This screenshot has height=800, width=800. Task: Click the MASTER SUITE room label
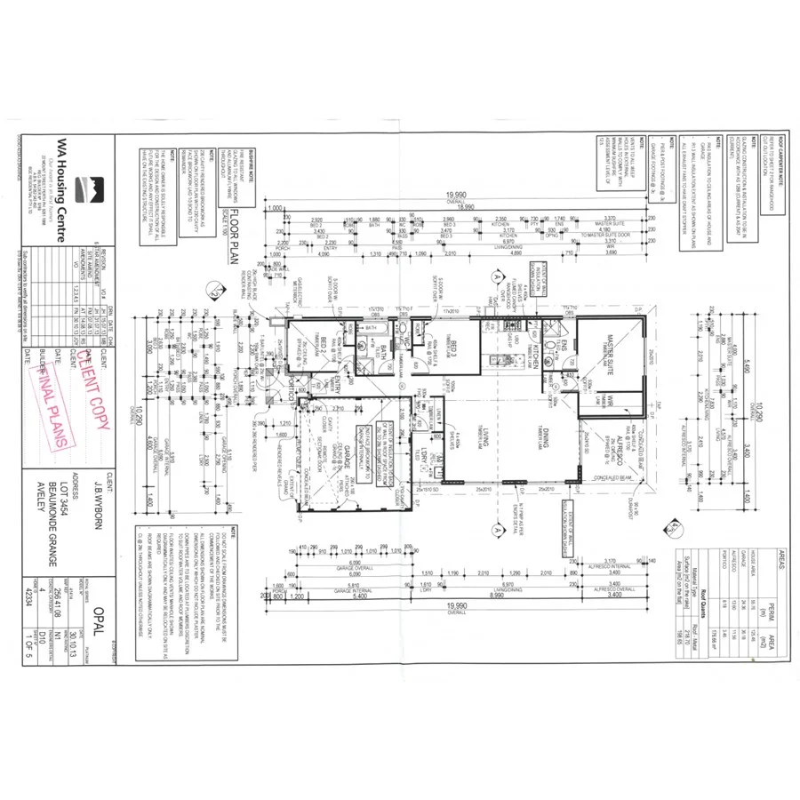click(x=614, y=344)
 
